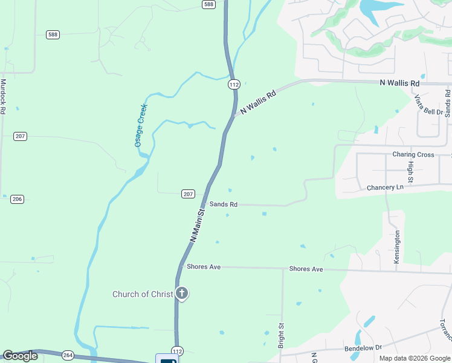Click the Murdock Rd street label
[3, 97]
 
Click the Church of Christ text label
[143, 295]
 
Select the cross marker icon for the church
[182, 294]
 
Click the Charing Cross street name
[413, 155]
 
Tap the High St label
[410, 172]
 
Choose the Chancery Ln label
[385, 188]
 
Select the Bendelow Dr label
[364, 348]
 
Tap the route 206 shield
[17, 199]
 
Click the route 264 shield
[68, 355]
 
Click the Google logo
[20, 356]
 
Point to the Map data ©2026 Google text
[415, 358]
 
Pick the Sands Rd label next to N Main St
[224, 204]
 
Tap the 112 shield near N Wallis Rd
[234, 85]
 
